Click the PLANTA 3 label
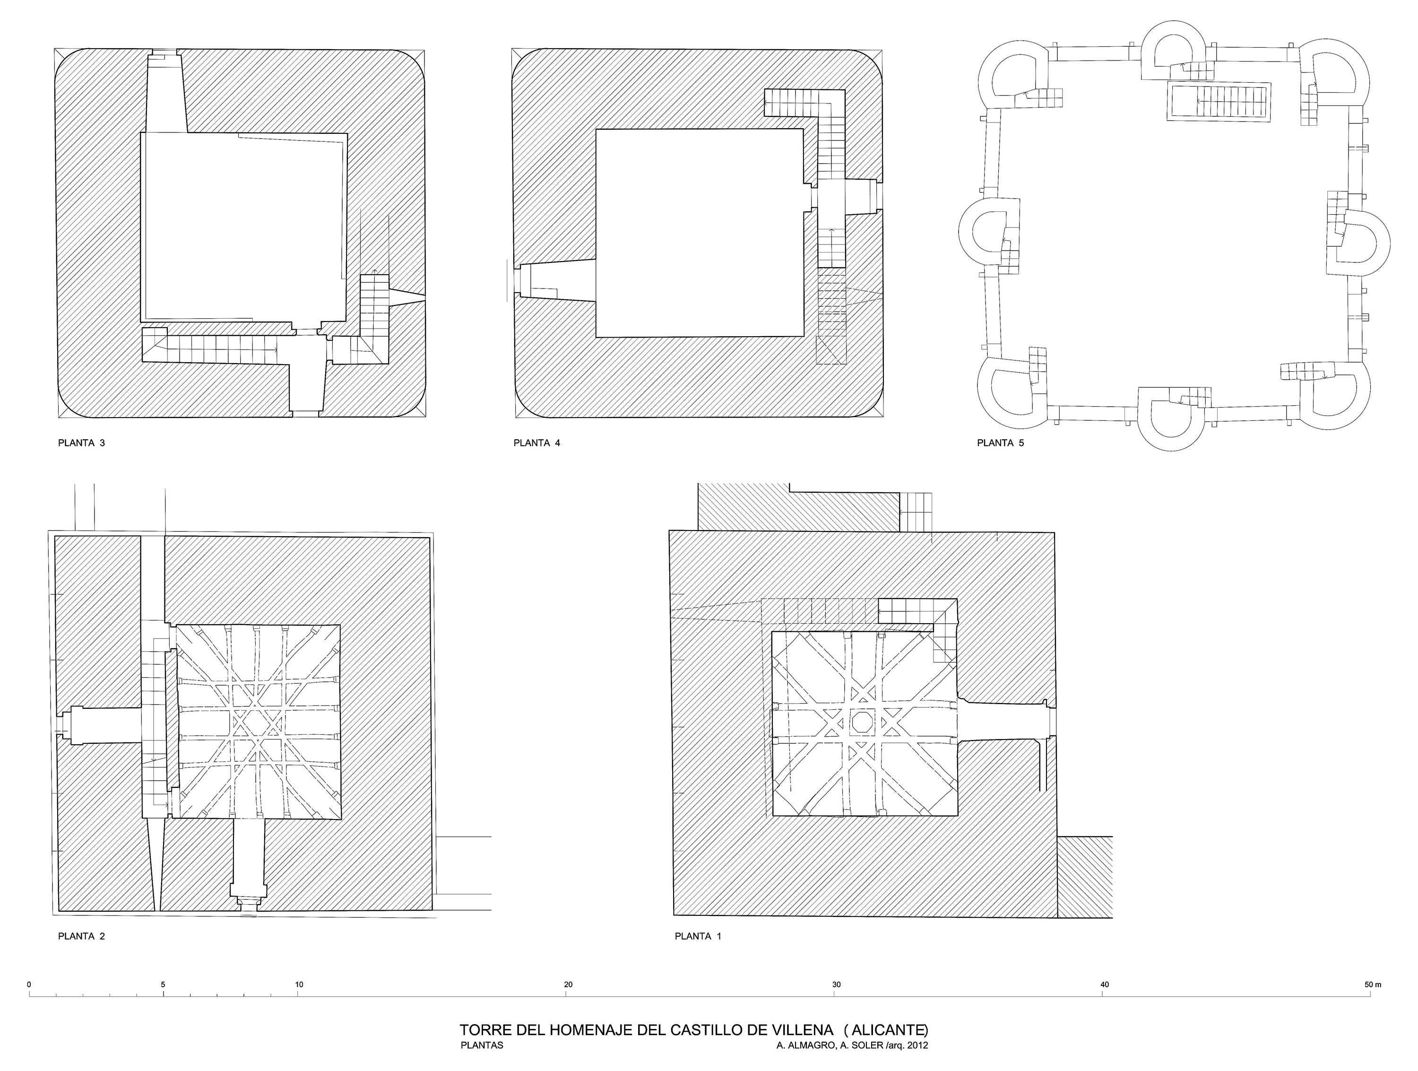[x=81, y=443]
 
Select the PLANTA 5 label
[x=1000, y=443]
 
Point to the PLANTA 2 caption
[x=81, y=936]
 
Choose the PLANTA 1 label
[x=698, y=936]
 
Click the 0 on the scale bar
[x=29, y=984]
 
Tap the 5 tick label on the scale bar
[x=164, y=984]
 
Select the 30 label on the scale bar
[x=837, y=984]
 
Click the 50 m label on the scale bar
[x=1373, y=984]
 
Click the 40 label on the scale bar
[x=1105, y=984]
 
